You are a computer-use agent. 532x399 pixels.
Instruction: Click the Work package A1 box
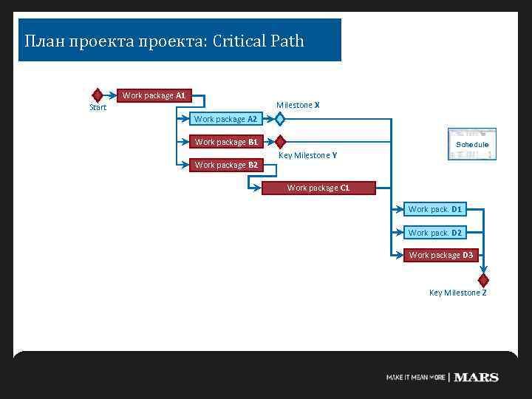pyautogui.click(x=154, y=95)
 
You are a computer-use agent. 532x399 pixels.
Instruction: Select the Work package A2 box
pyautogui.click(x=225, y=119)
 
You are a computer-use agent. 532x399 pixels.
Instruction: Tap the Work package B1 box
pyautogui.click(x=225, y=142)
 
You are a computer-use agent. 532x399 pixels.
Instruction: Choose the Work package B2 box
pyautogui.click(x=225, y=165)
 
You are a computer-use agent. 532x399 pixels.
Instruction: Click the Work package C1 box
pyautogui.click(x=318, y=188)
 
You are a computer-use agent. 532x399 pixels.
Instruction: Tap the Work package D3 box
pyautogui.click(x=441, y=256)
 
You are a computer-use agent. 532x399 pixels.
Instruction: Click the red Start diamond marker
pyautogui.click(x=97, y=95)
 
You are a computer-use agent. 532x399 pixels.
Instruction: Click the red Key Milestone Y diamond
pyautogui.click(x=280, y=142)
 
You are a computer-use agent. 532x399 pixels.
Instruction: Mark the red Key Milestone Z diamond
pyautogui.click(x=483, y=280)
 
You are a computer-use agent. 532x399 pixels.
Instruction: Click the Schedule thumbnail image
pyautogui.click(x=471, y=145)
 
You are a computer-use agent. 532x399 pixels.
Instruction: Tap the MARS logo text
pyautogui.click(x=476, y=378)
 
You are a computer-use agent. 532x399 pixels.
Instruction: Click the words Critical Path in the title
pyautogui.click(x=258, y=41)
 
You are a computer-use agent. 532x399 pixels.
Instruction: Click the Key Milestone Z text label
pyautogui.click(x=457, y=293)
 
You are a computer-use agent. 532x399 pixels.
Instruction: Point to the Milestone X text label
pyautogui.click(x=298, y=105)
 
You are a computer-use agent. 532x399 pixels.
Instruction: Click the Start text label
pyautogui.click(x=98, y=108)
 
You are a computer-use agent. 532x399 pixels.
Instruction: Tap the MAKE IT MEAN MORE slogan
pyautogui.click(x=415, y=378)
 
